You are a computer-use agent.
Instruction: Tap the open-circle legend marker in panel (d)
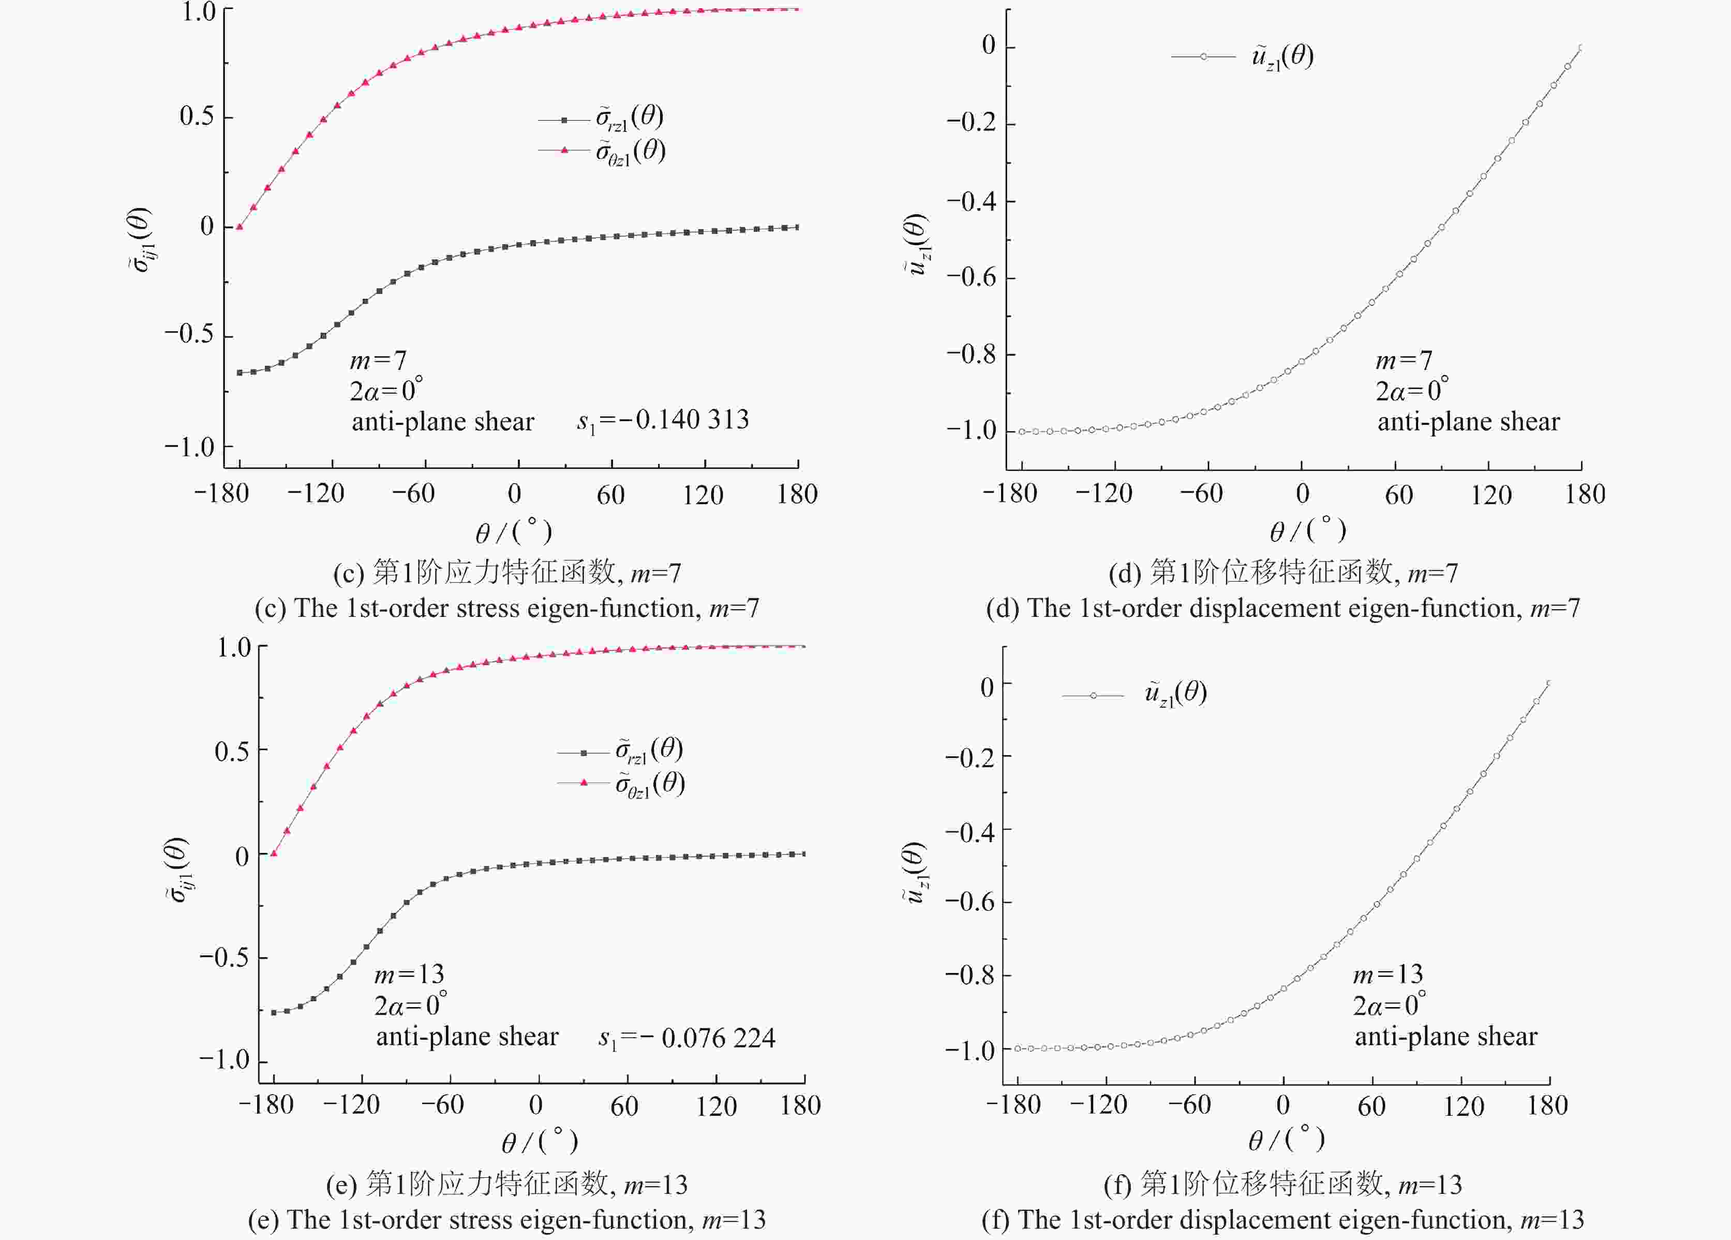click(1203, 56)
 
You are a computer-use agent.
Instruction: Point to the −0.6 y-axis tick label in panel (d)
click(971, 277)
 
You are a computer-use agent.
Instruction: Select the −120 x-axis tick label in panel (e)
click(351, 1105)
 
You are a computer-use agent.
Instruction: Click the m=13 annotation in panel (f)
click(1387, 975)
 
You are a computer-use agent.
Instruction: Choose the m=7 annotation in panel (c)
click(378, 360)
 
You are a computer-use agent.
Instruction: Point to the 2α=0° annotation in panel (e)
click(410, 1005)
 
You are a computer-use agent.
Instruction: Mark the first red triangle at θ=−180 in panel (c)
click(240, 226)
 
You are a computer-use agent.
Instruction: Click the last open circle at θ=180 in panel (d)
click(1580, 48)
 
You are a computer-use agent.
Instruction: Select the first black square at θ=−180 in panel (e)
click(273, 1012)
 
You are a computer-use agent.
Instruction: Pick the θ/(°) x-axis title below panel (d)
click(1307, 530)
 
